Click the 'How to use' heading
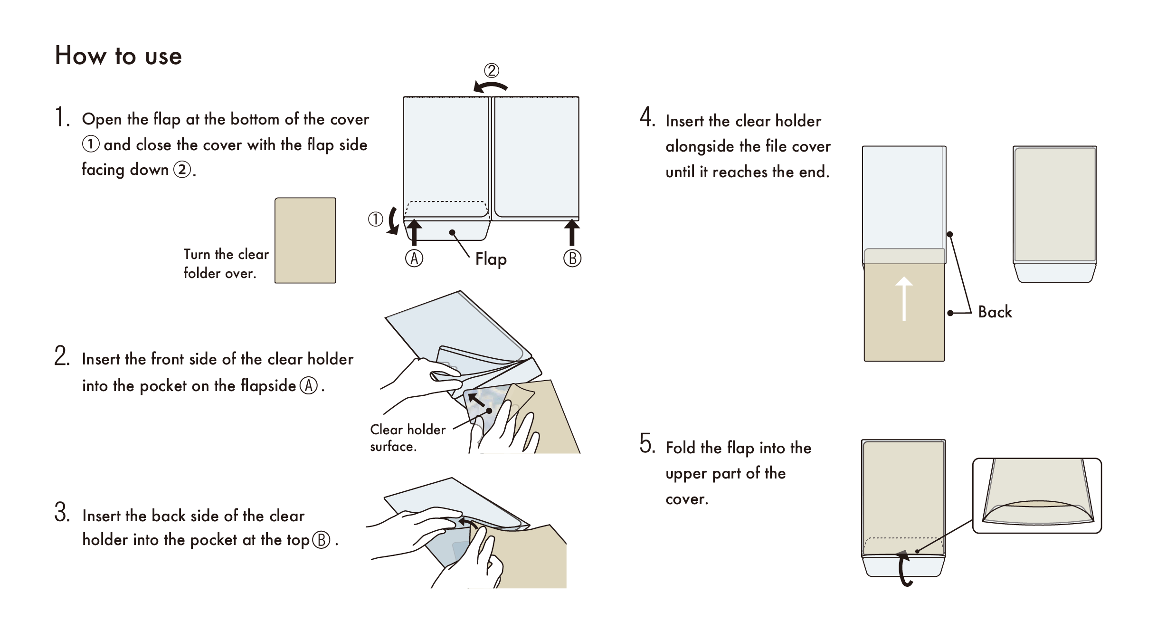(x=118, y=56)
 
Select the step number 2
(x=62, y=356)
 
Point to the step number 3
(x=62, y=513)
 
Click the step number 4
(x=647, y=117)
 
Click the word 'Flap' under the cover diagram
(x=491, y=259)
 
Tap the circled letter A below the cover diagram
(x=414, y=259)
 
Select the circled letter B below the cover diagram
(x=572, y=259)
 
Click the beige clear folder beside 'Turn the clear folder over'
(x=305, y=240)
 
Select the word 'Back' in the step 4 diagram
(x=995, y=312)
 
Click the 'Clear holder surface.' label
(x=408, y=438)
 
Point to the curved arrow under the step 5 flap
(x=905, y=568)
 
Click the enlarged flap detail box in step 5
(x=1037, y=495)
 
